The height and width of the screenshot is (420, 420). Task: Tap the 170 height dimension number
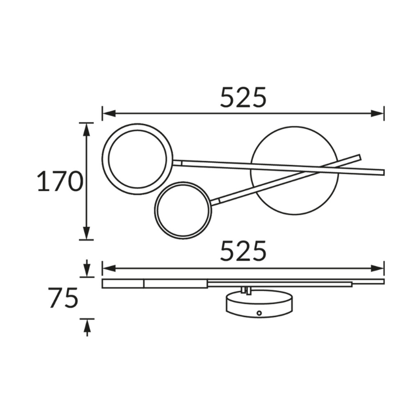pyautogui.click(x=60, y=182)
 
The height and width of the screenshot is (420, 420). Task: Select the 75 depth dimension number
pyautogui.click(x=63, y=298)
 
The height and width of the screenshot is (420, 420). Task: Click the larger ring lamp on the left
pyautogui.click(x=138, y=159)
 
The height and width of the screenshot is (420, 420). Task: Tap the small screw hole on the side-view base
pyautogui.click(x=259, y=313)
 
